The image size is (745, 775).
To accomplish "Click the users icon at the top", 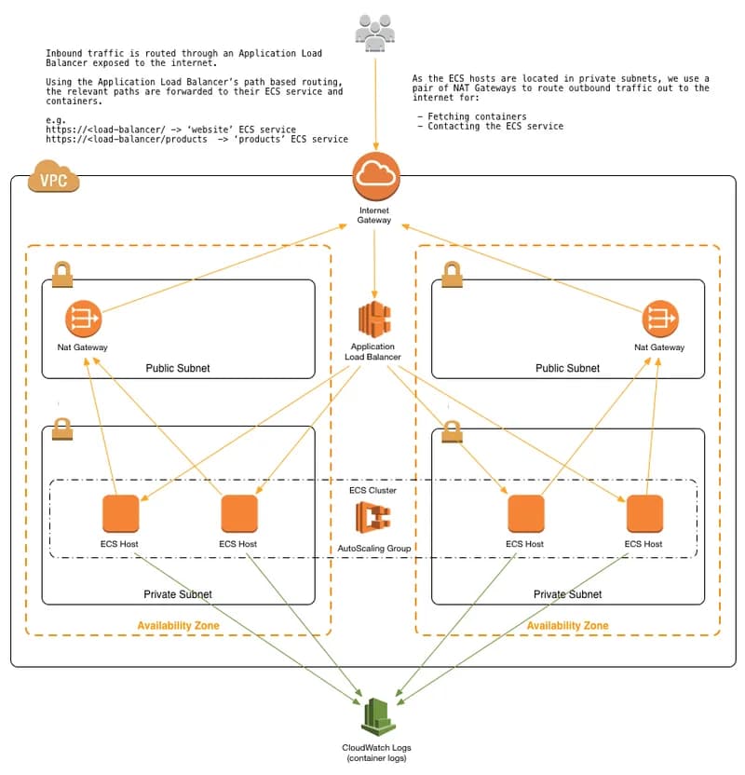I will click(x=375, y=32).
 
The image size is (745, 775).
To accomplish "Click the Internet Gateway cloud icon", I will click(x=375, y=175).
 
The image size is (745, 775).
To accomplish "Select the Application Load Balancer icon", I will click(x=372, y=320).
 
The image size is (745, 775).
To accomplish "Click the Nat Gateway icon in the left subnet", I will click(x=83, y=320).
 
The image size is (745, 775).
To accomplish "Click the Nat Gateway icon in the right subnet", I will click(x=659, y=320).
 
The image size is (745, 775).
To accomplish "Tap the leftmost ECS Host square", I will click(x=120, y=514).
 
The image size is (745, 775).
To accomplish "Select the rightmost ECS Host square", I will click(x=643, y=514).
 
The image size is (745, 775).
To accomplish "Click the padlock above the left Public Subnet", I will click(x=61, y=274).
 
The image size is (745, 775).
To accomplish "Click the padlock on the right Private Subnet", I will click(x=453, y=430).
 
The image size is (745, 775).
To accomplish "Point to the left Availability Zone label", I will click(x=178, y=626).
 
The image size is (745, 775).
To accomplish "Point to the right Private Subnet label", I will click(x=567, y=594).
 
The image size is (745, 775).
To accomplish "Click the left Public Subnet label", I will click(x=178, y=368).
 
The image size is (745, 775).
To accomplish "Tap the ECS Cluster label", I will click(x=372, y=490).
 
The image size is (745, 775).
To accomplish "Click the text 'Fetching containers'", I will click(x=477, y=116).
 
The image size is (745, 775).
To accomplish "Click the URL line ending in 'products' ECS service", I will click(x=196, y=140).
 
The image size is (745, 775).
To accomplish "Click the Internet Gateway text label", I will click(x=375, y=215).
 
